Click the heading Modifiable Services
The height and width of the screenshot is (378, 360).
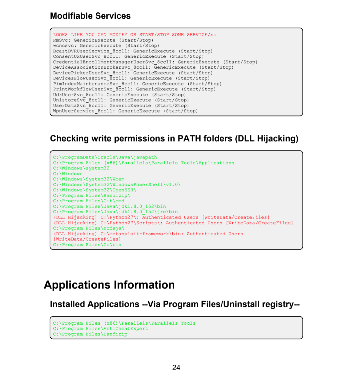[90, 16]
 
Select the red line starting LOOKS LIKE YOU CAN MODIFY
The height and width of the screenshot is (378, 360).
[135, 35]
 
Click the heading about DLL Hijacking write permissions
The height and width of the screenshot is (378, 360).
[174, 138]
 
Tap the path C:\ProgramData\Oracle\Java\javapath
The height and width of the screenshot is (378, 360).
[105, 157]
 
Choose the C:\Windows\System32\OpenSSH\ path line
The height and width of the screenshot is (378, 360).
[95, 190]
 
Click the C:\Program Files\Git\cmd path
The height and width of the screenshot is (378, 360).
[89, 201]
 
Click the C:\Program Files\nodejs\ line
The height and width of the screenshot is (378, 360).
[89, 228]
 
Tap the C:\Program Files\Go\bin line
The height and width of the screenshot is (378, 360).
[87, 245]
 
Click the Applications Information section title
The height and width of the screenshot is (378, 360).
[109, 285]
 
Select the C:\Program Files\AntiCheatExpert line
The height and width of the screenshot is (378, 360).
[100, 329]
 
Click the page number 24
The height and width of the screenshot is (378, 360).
[176, 368]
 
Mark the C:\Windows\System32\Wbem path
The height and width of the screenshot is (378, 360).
[89, 179]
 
